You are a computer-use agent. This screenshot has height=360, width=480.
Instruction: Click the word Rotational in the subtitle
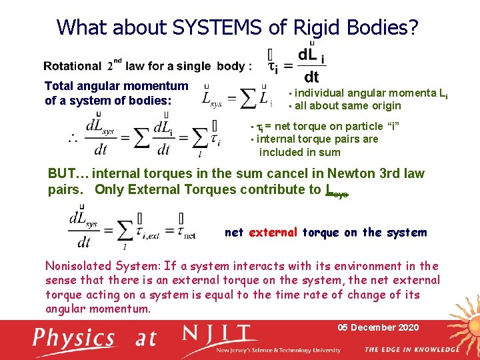73,66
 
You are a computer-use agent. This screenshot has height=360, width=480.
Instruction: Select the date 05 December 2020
378,327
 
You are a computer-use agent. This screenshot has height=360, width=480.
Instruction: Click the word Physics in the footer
75,337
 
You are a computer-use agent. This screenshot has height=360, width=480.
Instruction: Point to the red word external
273,233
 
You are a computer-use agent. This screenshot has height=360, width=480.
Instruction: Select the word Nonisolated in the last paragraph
78,266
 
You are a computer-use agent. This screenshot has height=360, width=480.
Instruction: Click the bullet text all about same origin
348,105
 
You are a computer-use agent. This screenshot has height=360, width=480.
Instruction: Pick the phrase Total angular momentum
116,86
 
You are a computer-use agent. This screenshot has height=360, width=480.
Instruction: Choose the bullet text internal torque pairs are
317,139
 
